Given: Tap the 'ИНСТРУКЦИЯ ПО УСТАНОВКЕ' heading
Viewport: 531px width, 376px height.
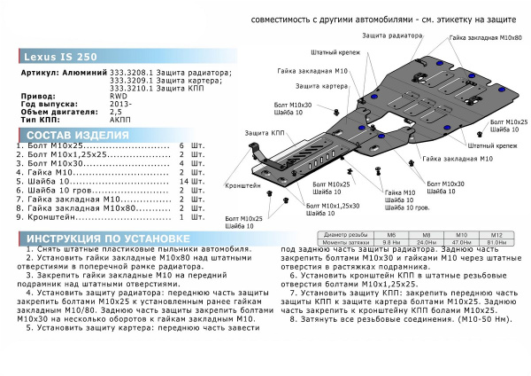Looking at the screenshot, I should click(104, 240).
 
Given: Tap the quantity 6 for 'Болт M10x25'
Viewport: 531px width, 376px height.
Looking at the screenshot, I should click(182, 145).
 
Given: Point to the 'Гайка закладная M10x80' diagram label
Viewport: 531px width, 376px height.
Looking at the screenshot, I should click(485, 40).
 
